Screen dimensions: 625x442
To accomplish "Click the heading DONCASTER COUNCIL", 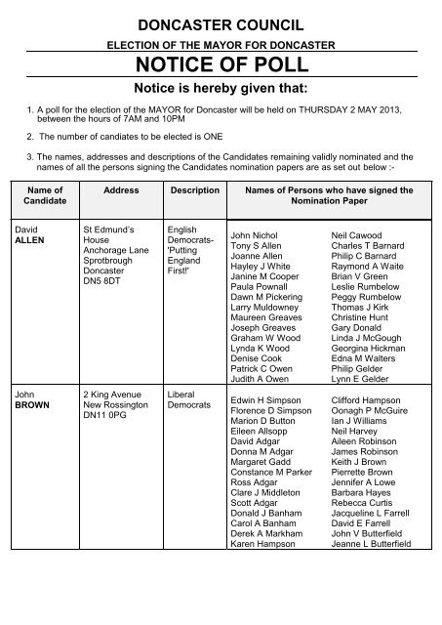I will click(220, 23).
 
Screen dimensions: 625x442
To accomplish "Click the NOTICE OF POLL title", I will click(220, 65).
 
